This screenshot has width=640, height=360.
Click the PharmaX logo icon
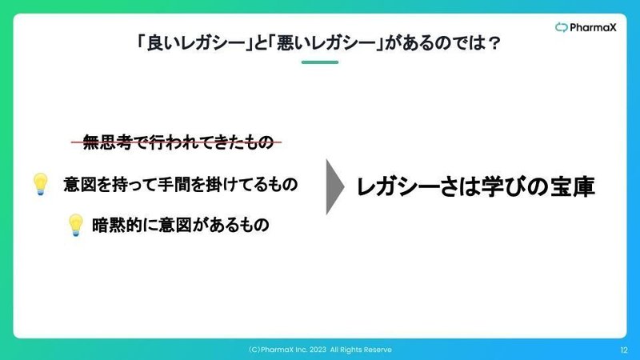click(562, 27)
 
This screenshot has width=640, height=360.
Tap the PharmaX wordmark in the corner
click(593, 27)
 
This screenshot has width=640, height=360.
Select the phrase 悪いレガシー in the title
click(326, 43)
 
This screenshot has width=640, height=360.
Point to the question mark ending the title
click(494, 43)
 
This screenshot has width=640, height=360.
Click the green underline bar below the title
click(320, 62)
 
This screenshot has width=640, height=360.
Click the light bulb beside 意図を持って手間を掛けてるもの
click(41, 184)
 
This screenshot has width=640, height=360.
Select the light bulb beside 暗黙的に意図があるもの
click(75, 225)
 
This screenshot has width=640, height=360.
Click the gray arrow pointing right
click(334, 187)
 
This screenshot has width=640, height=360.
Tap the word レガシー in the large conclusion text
click(398, 187)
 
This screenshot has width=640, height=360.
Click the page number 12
click(624, 350)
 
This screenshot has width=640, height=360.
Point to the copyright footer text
click(320, 350)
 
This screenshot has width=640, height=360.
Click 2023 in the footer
click(318, 350)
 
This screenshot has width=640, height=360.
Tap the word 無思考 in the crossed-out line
click(108, 142)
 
